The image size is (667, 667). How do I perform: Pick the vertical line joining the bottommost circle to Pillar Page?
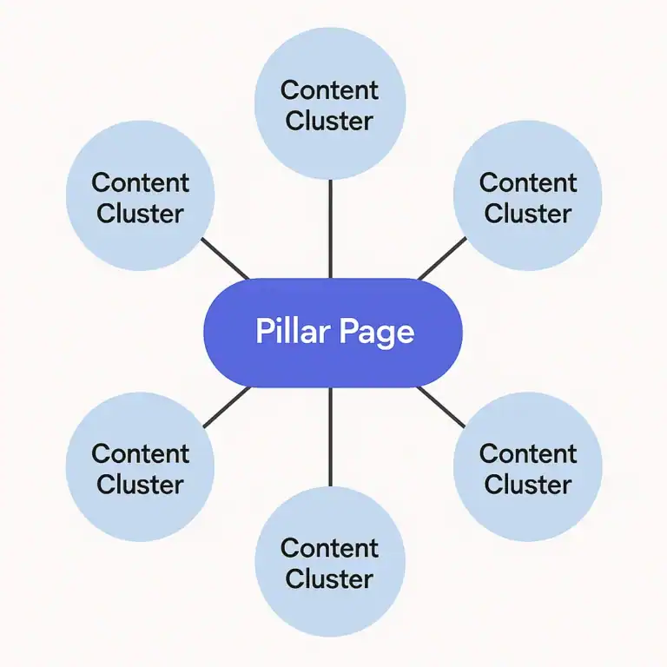330,436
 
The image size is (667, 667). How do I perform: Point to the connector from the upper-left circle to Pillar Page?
225,259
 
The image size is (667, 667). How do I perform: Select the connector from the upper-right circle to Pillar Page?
441,259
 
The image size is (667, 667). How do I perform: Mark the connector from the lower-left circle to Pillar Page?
226,407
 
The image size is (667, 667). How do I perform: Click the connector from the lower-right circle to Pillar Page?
441,406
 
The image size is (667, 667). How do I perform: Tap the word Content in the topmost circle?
330,90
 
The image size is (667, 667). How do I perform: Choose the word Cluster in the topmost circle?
330,121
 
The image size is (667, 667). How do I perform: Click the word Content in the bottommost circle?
330,548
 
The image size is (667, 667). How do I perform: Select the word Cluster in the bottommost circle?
330,578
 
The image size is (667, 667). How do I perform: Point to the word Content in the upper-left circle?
140,183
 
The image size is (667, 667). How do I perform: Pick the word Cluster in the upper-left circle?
140,214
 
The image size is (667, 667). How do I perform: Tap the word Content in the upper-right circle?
528,183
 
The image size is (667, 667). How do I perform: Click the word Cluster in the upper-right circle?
528,214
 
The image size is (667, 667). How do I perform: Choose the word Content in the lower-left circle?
140,453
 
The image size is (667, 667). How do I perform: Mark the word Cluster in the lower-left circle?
140,484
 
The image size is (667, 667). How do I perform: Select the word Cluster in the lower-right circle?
528,484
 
